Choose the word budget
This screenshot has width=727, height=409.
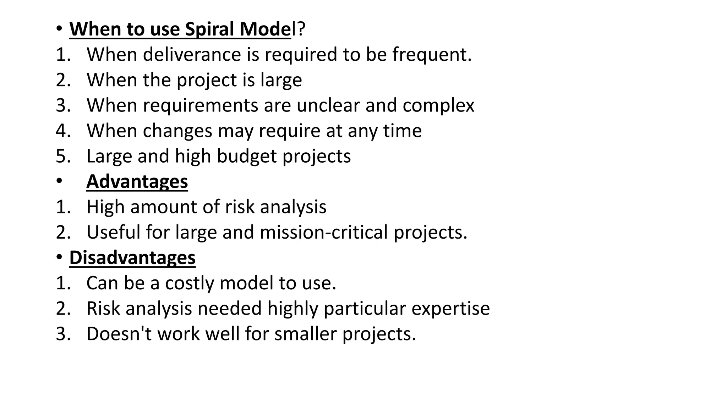[246, 156]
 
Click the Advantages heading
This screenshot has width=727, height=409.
[137, 181]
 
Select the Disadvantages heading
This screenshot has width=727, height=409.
[132, 257]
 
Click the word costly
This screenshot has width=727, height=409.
[190, 283]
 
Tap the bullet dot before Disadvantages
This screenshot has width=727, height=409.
[59, 257]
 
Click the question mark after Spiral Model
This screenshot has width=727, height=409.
[301, 29]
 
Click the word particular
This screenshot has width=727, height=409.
[365, 308]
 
